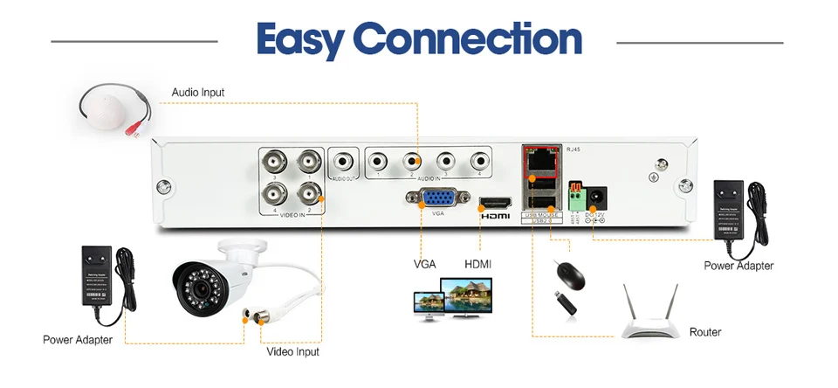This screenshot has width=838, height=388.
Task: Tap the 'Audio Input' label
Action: pyautogui.click(x=197, y=91)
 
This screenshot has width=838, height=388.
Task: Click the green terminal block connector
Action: pyautogui.click(x=574, y=198)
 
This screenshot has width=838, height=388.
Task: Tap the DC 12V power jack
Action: pyautogui.click(x=597, y=196)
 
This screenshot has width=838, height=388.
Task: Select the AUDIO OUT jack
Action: pyautogui.click(x=343, y=162)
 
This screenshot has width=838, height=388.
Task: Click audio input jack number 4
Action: pyautogui.click(x=478, y=161)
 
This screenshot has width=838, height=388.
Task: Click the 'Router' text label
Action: pyautogui.click(x=705, y=333)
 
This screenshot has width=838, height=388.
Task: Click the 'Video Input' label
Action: pyautogui.click(x=292, y=351)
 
